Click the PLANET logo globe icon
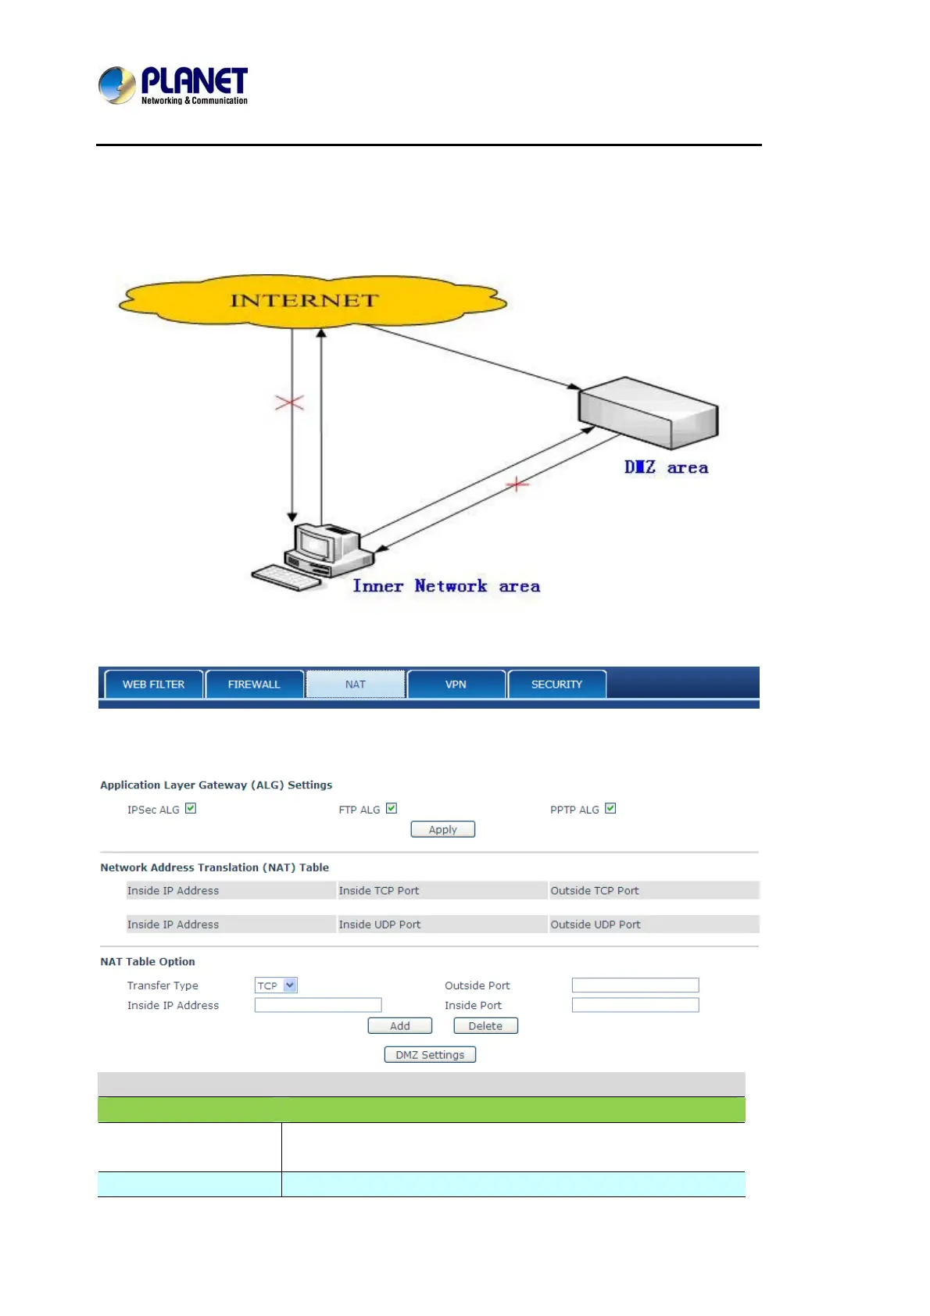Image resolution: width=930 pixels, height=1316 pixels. (x=117, y=85)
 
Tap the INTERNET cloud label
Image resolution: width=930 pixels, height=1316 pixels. (x=304, y=301)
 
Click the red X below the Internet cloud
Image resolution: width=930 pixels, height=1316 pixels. (x=289, y=402)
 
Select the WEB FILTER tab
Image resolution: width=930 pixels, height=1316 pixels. (x=153, y=684)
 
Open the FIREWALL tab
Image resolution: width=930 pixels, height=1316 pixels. (x=254, y=684)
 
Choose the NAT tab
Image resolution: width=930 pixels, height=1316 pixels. (x=356, y=684)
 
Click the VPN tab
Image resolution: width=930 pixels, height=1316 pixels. (x=456, y=684)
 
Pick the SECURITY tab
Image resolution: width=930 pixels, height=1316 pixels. (x=556, y=684)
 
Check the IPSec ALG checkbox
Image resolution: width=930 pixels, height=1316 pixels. (x=191, y=808)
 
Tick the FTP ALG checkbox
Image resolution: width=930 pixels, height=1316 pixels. (x=392, y=808)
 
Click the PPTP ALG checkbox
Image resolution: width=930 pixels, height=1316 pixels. (x=610, y=808)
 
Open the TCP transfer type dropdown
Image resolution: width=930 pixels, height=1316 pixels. (x=276, y=985)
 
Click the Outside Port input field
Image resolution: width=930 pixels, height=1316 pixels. (x=635, y=985)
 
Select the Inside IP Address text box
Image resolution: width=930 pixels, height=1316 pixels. (x=318, y=1005)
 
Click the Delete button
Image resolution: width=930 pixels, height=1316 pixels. (x=485, y=1026)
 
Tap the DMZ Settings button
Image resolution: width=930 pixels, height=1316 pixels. (x=430, y=1055)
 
